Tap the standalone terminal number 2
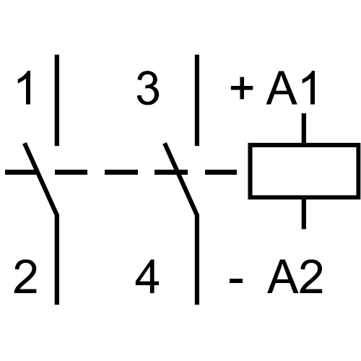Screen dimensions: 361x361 (x=25, y=276)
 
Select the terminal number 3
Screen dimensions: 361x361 (x=148, y=88)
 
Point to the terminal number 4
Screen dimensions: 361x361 (x=147, y=277)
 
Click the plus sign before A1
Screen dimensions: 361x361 (x=242, y=88)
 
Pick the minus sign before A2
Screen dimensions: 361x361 (x=236, y=281)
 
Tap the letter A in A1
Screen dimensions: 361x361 (x=282, y=87)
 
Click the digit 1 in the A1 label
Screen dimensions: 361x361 (x=309, y=87)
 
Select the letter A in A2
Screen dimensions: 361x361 (x=283, y=277)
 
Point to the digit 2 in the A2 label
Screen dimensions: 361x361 (x=310, y=276)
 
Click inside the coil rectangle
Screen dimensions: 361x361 (x=304, y=171)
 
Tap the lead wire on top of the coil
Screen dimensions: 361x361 (x=304, y=128)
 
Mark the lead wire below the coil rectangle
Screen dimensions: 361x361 (x=304, y=214)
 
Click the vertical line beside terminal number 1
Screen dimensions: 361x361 (x=57, y=100)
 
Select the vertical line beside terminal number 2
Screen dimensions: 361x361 (x=57, y=259)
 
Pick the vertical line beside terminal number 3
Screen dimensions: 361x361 (x=197, y=100)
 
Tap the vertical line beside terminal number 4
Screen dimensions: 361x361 (x=197, y=259)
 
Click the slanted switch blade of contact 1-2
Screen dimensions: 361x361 (x=40, y=178)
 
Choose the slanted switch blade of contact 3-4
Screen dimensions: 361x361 (x=181, y=178)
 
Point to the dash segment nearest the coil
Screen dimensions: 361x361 (x=221, y=172)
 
